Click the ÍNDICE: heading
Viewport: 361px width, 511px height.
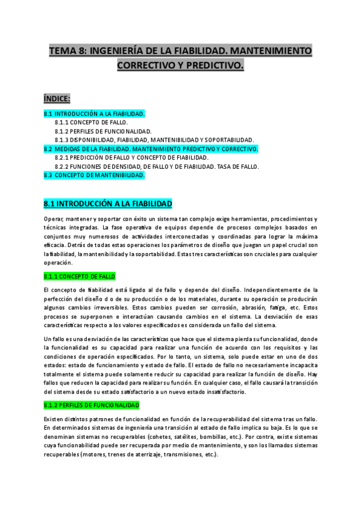pos(57,98)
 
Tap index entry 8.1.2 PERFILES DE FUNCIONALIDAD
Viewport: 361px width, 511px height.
pos(103,131)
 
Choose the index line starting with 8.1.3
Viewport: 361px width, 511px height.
pos(154,140)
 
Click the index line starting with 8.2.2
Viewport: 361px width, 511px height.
pos(157,166)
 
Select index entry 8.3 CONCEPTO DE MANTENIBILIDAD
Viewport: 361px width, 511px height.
pos(94,175)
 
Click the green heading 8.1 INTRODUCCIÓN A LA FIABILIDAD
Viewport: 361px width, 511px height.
pos(108,204)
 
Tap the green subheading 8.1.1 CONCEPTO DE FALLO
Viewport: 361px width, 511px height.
pos(79,276)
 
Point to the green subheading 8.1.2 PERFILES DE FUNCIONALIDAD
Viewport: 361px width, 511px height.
pos(92,405)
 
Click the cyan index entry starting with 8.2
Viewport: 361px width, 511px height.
pos(151,148)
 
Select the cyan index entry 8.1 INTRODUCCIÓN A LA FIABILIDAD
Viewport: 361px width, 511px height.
pos(94,113)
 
